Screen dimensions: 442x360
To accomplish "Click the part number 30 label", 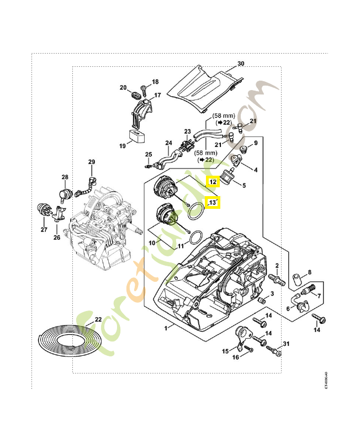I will point(241,64).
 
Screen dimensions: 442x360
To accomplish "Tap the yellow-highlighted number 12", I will point(213,182).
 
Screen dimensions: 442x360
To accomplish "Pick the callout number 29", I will point(92,161).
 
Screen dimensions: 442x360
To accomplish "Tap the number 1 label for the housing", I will point(166,328).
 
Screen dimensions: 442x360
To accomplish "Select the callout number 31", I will point(286,344).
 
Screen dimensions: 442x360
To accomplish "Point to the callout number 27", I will point(44,229).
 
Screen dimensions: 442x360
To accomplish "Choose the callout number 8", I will point(310,272).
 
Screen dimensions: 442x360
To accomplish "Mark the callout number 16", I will point(235,357).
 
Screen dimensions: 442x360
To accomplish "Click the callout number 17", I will point(157,95).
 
